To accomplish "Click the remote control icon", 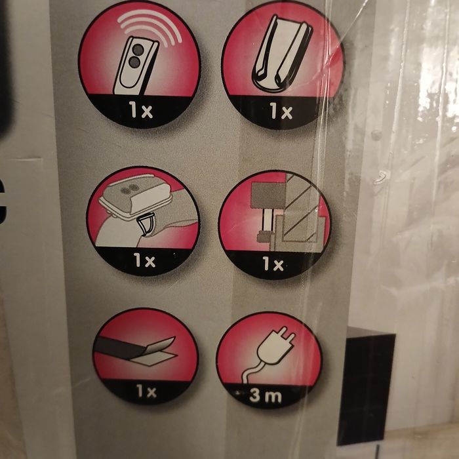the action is coord(136,66).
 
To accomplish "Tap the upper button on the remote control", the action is coord(138,50).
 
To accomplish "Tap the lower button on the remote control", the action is coord(134,62).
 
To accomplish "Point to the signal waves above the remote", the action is coord(150,26).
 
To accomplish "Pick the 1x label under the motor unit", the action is coord(144,260).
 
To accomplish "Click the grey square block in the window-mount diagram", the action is coord(268,196).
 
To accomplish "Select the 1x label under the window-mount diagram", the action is coord(273,264).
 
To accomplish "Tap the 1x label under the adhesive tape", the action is coord(146,391).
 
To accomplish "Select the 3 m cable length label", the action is coord(265,396).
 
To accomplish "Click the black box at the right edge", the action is coord(366,387).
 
